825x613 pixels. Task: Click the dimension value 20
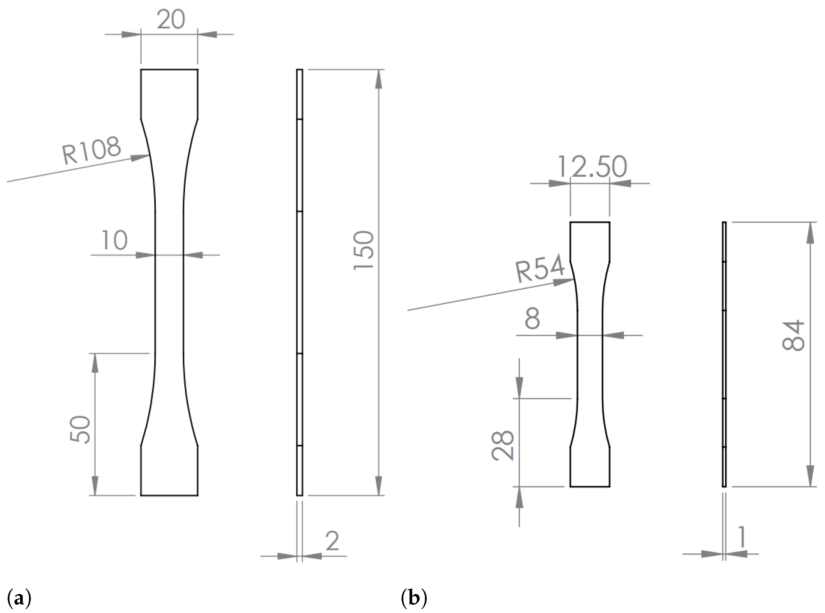[171, 19]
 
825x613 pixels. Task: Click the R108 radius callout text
[91, 150]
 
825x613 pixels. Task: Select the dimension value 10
[114, 240]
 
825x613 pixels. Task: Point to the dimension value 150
[364, 250]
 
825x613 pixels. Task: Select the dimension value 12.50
[592, 167]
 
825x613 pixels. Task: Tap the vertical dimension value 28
[503, 446]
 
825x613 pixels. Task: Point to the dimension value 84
[793, 336]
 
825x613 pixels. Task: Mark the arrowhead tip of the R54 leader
[573, 280]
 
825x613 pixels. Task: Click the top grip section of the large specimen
[169, 94]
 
